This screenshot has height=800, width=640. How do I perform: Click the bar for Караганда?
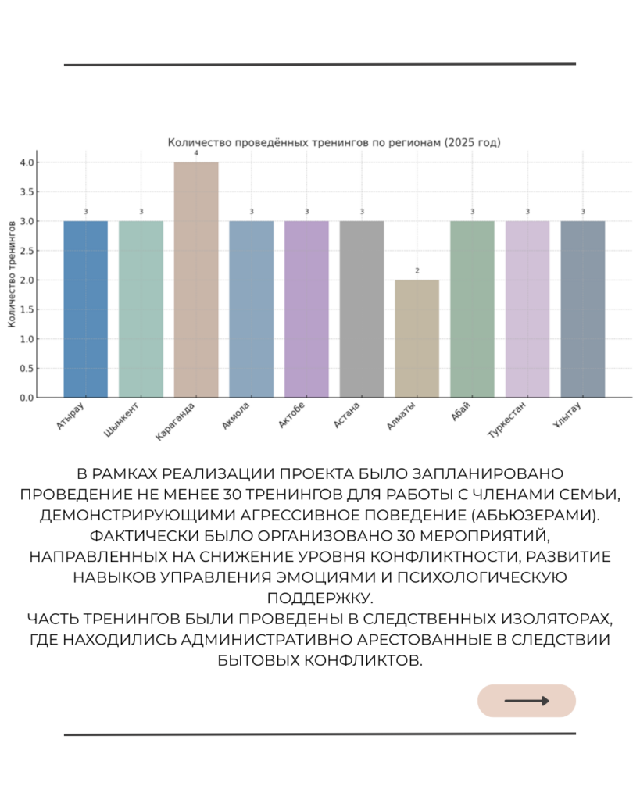click(196, 280)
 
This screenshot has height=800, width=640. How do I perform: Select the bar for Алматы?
click(417, 338)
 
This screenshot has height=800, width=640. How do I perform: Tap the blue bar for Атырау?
click(86, 309)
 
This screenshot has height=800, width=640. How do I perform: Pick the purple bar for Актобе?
click(306, 309)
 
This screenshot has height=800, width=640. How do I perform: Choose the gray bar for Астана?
click(362, 309)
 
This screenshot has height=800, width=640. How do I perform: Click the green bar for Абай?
click(472, 309)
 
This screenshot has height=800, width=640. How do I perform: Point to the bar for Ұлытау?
click(582, 309)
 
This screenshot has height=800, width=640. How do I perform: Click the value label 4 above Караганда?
click(196, 153)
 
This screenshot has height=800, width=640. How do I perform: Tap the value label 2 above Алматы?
click(417, 271)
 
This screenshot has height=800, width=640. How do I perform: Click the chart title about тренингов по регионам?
click(334, 143)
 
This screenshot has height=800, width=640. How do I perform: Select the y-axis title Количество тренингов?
click(13, 273)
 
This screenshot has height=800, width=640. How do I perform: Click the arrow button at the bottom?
click(526, 701)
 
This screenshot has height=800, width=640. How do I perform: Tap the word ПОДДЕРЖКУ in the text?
click(320, 598)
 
